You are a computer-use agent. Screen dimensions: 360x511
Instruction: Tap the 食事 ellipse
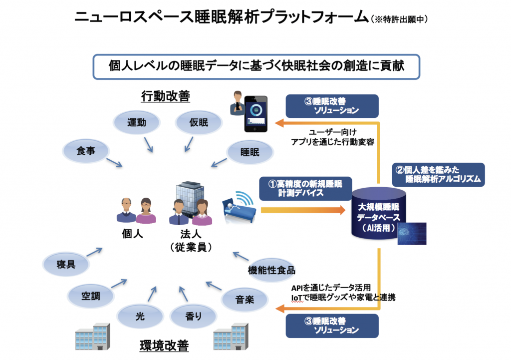point(86,151)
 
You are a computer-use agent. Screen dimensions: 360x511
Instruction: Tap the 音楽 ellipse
point(245,300)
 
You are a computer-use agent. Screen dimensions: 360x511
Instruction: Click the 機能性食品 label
point(272,270)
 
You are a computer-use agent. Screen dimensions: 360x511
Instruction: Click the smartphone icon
point(256,114)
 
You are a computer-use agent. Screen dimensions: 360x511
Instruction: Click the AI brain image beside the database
point(412,233)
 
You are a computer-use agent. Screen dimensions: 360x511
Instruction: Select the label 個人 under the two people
point(133,234)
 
